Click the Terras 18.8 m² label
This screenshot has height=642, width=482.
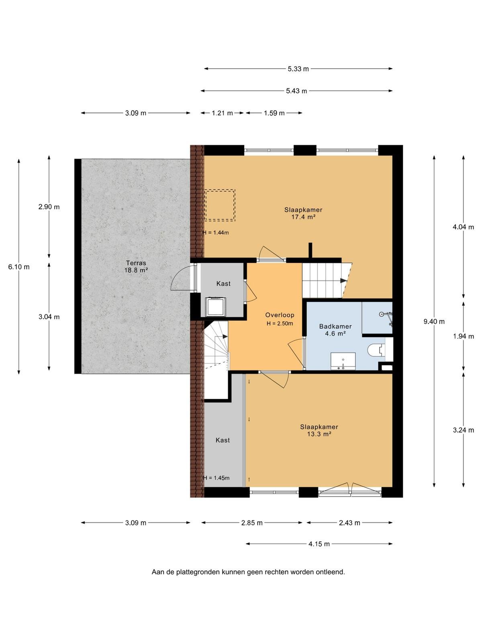tap(135, 266)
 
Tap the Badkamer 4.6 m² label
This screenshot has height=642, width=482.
tap(335, 330)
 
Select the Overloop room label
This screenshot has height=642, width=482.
tap(280, 315)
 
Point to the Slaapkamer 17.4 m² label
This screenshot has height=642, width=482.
tap(303, 213)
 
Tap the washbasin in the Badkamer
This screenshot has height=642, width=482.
tap(343, 361)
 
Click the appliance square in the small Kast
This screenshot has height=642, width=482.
tap(216, 307)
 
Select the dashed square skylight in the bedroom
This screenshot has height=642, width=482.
tap(220, 205)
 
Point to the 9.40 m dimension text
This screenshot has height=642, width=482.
tap(434, 322)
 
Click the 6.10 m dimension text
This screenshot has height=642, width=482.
tap(19, 267)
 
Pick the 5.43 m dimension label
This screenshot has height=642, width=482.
tap(296, 91)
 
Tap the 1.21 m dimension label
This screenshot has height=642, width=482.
tap(222, 113)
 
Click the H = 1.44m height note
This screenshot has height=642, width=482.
tap(216, 233)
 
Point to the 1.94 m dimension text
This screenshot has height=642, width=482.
tap(463, 336)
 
